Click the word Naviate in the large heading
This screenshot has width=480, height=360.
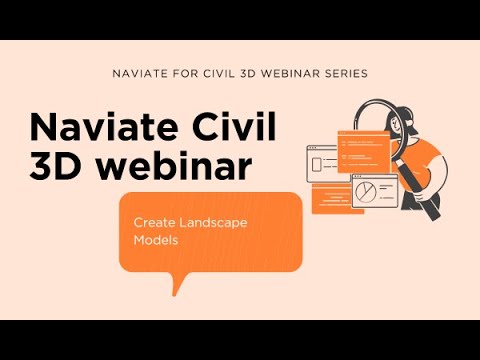94,127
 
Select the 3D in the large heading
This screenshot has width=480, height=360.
53,166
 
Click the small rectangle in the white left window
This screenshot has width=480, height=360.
317,163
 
